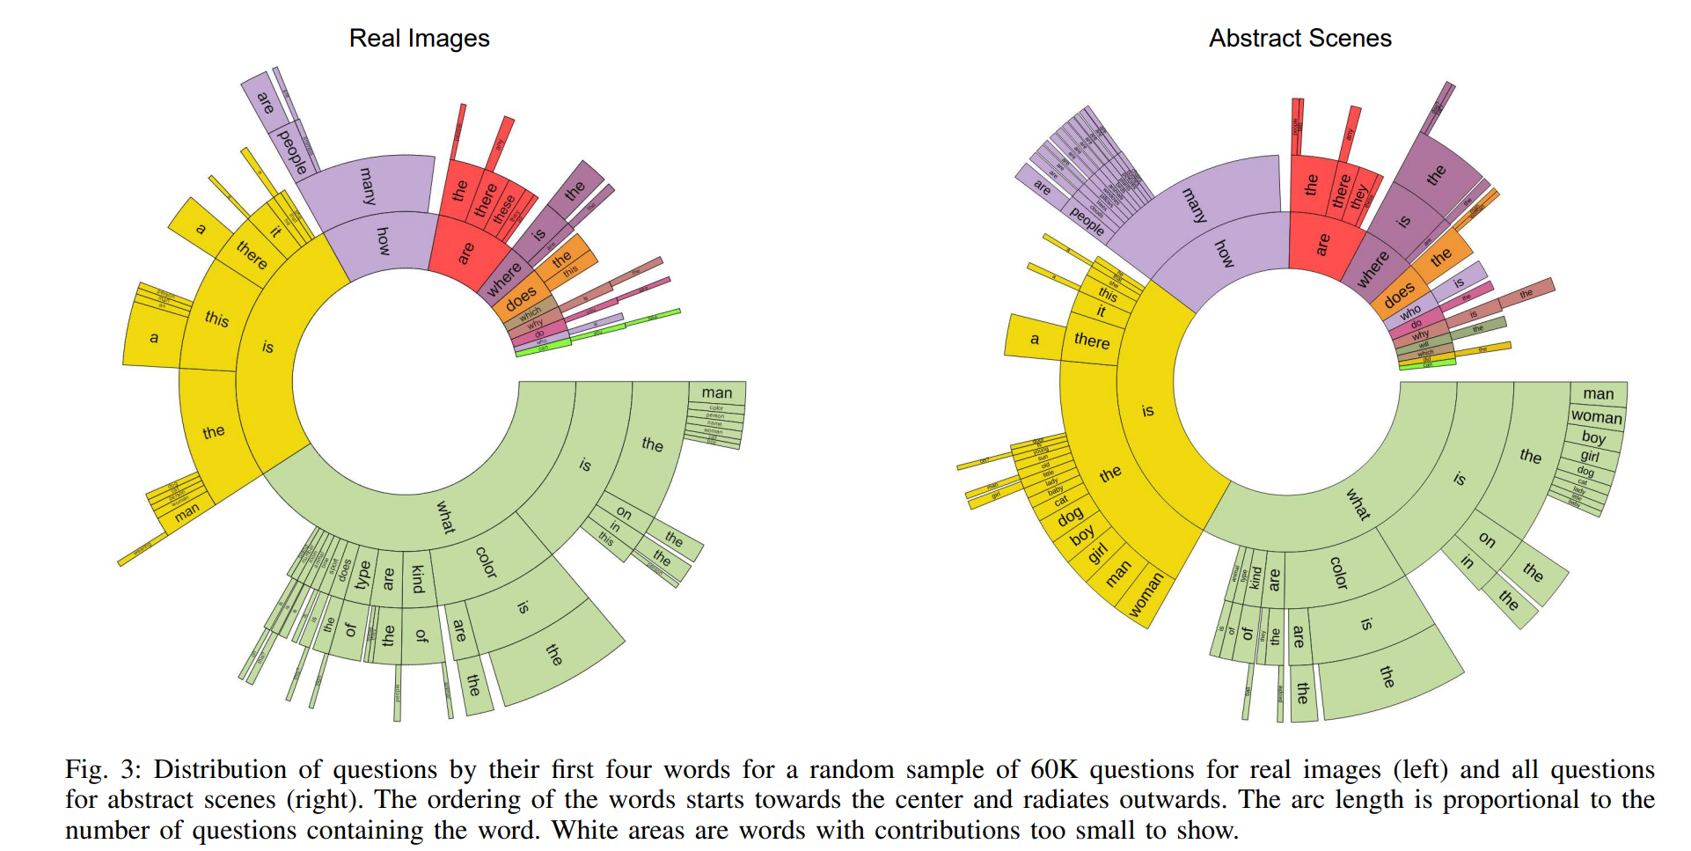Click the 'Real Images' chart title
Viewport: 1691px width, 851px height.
[x=419, y=39]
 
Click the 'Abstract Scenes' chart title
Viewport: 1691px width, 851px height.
[x=1299, y=39]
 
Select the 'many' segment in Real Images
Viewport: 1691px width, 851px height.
[x=368, y=186]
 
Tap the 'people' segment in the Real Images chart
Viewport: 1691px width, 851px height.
[x=292, y=151]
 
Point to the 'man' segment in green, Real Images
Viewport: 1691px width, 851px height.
[x=716, y=392]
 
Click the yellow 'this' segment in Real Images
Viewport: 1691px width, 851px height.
[x=216, y=318]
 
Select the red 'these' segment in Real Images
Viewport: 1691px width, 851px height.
[x=503, y=209]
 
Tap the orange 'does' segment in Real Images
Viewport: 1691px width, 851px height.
[x=520, y=298]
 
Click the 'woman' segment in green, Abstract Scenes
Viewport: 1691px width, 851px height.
[x=1596, y=416]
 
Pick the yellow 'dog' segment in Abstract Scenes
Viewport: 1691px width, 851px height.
[x=1070, y=517]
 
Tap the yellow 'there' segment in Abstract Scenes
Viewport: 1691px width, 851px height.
[x=1091, y=341]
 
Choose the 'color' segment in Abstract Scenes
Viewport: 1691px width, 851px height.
[x=1338, y=573]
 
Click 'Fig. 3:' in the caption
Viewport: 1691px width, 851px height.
[x=103, y=770]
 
